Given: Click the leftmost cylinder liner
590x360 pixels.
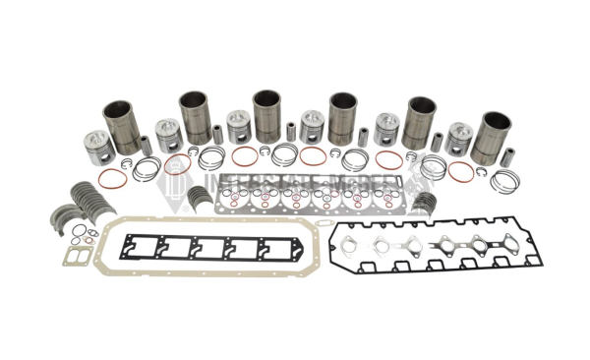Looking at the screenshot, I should pos(122,125).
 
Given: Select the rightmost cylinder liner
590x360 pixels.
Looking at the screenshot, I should pos(491,138).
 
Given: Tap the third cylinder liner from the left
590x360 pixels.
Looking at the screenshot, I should pos(266,116).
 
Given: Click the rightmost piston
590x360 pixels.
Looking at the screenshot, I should pos(458,139).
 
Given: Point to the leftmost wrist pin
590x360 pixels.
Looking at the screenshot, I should pos(146,146).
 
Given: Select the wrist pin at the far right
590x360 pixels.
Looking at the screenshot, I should pos(507,156).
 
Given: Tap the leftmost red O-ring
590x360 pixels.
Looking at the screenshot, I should pos(112,179).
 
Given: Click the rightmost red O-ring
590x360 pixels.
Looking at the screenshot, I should pos(460,170).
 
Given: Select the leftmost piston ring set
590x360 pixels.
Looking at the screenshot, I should pos(147,168).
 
